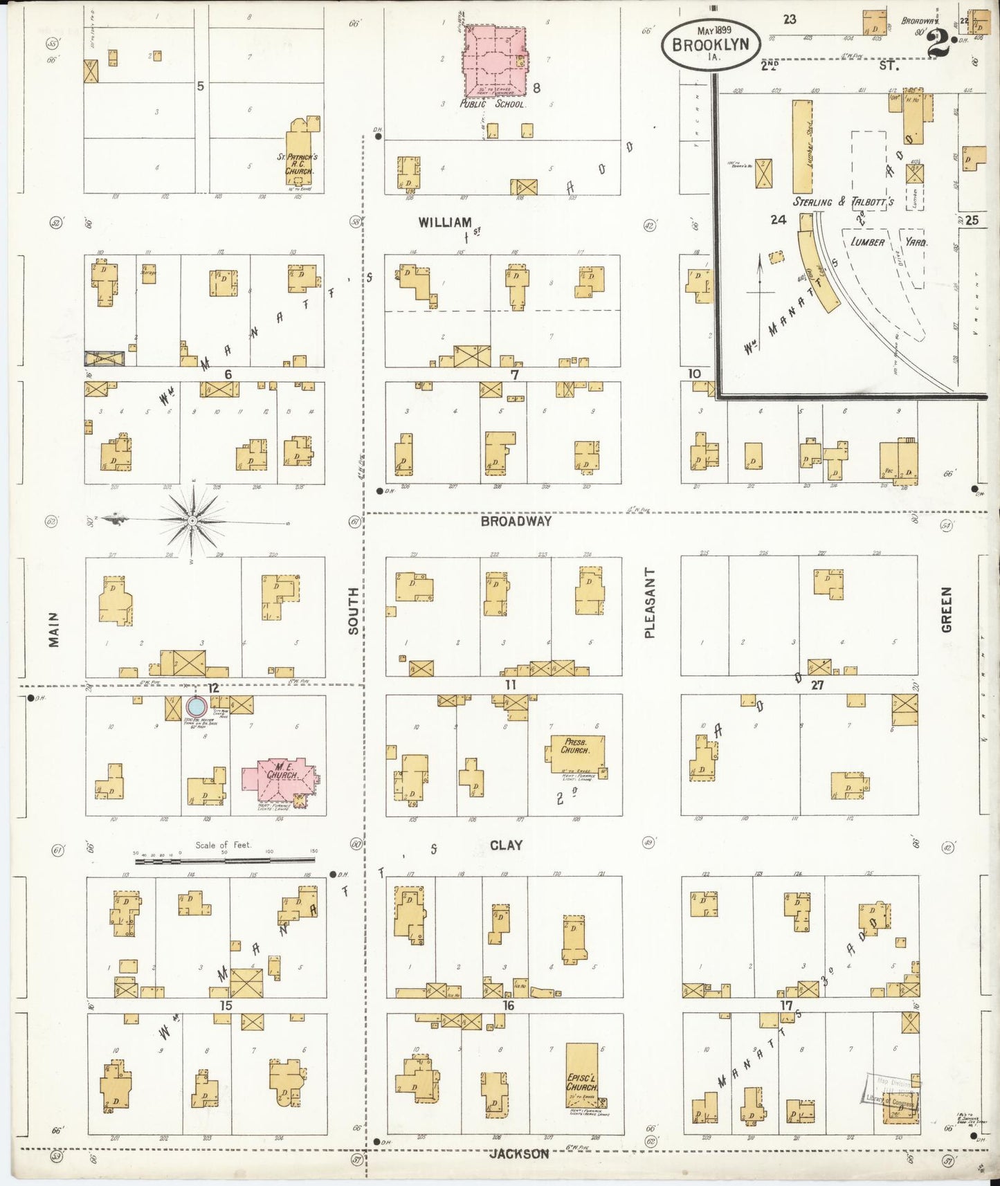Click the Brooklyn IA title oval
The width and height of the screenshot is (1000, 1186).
pyautogui.click(x=710, y=44)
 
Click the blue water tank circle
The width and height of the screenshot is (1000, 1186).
pyautogui.click(x=197, y=707)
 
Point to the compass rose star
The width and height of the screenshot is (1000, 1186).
pyautogui.click(x=192, y=520)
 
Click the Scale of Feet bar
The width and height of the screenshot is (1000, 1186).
pyautogui.click(x=224, y=860)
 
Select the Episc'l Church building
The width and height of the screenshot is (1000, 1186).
pyautogui.click(x=581, y=1076)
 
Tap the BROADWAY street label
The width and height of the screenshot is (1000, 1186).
pyautogui.click(x=516, y=521)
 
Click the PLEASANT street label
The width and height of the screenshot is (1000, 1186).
pyautogui.click(x=648, y=602)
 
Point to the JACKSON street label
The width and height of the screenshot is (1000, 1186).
pyautogui.click(x=519, y=1153)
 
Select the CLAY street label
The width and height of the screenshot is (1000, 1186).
pyautogui.click(x=506, y=845)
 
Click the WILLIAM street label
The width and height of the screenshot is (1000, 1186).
pyautogui.click(x=445, y=222)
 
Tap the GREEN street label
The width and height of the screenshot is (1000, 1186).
pyautogui.click(x=946, y=609)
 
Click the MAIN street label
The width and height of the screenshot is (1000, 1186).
pyautogui.click(x=53, y=629)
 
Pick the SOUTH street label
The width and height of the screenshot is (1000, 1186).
pyautogui.click(x=353, y=610)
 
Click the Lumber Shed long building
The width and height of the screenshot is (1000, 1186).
pyautogui.click(x=802, y=147)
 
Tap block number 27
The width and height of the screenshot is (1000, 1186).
pyautogui.click(x=817, y=684)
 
